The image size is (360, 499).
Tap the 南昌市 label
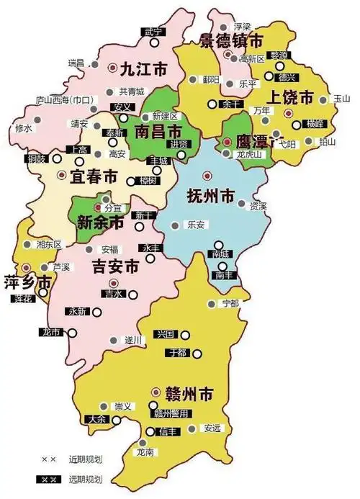click(x=158, y=132)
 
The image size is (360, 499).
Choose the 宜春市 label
click(x=94, y=176)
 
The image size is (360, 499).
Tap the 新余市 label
click(x=100, y=222)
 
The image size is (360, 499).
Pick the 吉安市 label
click(x=116, y=266)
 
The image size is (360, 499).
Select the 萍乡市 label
click(x=27, y=282)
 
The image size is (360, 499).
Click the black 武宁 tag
click(x=153, y=32)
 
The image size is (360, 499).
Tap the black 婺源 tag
click(x=279, y=55)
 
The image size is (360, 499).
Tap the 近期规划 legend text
click(x=84, y=459)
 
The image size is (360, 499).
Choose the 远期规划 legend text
click(x=84, y=479)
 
